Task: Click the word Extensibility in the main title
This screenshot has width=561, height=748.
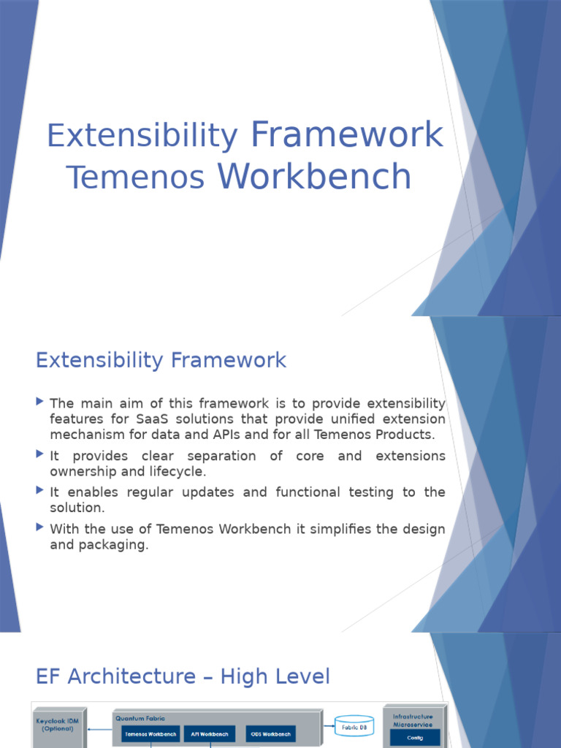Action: (142, 137)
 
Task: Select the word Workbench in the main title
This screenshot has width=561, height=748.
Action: (315, 178)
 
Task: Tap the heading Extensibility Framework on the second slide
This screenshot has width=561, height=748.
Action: (161, 360)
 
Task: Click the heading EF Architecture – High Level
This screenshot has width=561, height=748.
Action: (183, 676)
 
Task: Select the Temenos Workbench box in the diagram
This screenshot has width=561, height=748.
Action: (150, 733)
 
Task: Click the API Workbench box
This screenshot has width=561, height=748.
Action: (209, 733)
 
